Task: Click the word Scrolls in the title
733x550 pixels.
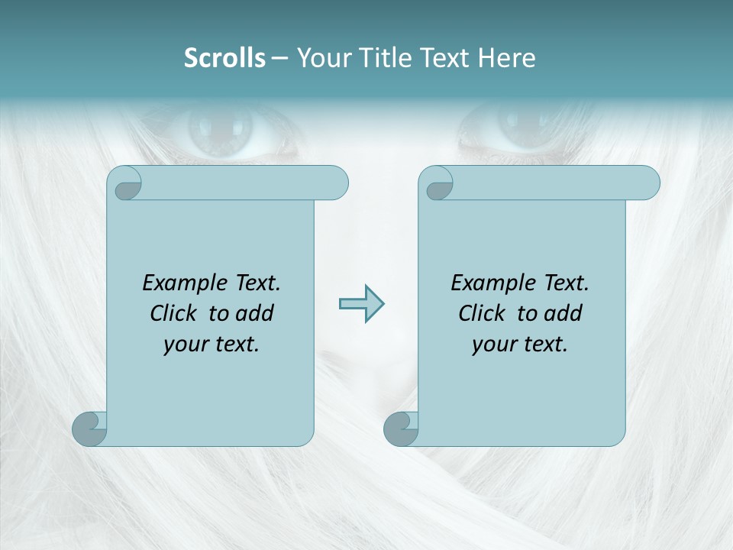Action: pos(224,58)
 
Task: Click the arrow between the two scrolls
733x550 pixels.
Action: pos(361,304)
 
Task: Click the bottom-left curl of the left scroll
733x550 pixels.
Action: pos(90,429)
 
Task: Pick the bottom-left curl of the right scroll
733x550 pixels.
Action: pos(401,429)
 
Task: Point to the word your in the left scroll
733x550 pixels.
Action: pos(184,345)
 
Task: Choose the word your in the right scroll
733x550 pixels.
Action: pos(493,345)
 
